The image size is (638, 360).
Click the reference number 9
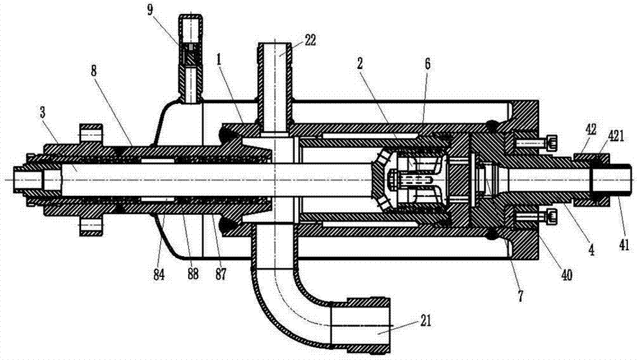pyautogui.click(x=151, y=10)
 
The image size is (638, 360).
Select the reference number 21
pyautogui.click(x=424, y=321)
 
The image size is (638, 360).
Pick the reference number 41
pyautogui.click(x=624, y=244)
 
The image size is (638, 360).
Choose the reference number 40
pyautogui.click(x=567, y=275)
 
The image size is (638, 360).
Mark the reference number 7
pyautogui.click(x=521, y=296)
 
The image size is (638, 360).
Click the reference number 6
pyautogui.click(x=427, y=64)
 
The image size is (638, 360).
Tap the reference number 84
pyautogui.click(x=159, y=275)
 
